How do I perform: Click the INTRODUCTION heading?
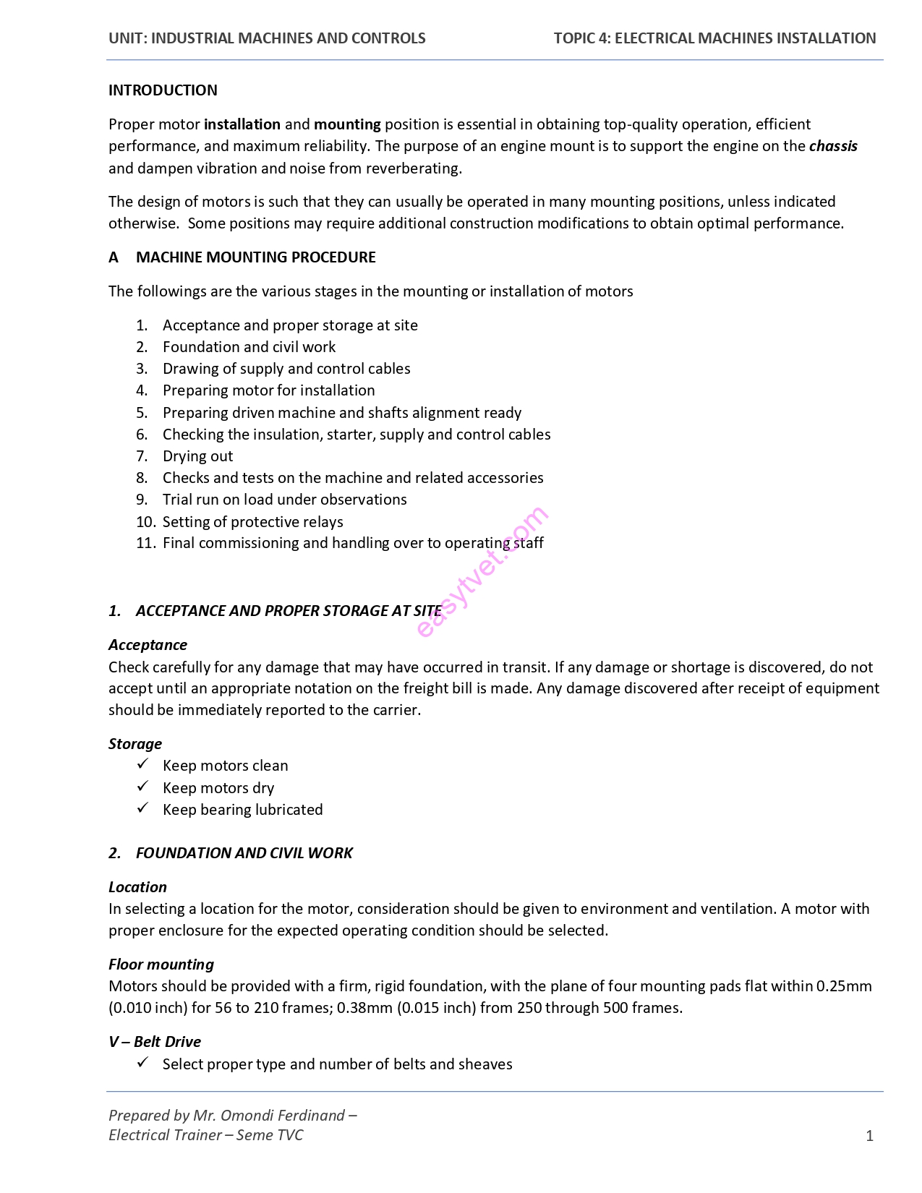(x=163, y=90)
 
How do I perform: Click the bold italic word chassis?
(x=833, y=146)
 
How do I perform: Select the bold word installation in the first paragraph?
(x=242, y=124)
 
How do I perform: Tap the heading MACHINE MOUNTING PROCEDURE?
(x=255, y=257)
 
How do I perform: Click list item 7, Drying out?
(x=197, y=456)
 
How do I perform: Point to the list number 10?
(x=145, y=522)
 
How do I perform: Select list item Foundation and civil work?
(x=249, y=347)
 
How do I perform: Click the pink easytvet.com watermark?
(x=482, y=571)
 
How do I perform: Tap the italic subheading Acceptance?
(x=148, y=645)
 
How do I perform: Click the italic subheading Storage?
(x=135, y=744)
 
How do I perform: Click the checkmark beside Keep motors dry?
(x=143, y=787)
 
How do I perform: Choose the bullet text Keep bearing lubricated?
(x=242, y=810)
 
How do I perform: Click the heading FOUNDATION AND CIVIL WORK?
(x=244, y=853)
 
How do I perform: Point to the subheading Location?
(x=137, y=887)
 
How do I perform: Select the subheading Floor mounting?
(x=161, y=965)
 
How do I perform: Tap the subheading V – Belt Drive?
(x=155, y=1042)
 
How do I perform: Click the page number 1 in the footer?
(x=869, y=1136)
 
